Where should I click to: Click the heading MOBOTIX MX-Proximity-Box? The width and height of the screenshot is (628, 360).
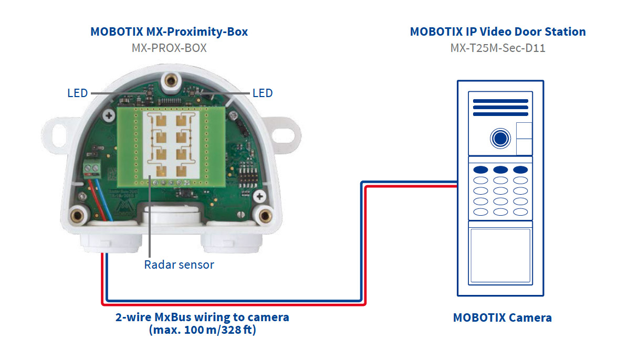[169, 31]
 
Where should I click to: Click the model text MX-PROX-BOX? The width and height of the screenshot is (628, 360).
[169, 48]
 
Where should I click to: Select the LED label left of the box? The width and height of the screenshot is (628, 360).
[78, 93]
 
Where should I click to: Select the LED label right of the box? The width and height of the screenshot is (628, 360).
[263, 93]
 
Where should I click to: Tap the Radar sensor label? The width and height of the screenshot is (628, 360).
[179, 264]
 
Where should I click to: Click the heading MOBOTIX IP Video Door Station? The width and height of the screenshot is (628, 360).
[498, 31]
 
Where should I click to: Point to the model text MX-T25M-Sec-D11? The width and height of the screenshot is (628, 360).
[498, 48]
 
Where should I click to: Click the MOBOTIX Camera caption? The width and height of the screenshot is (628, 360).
[502, 317]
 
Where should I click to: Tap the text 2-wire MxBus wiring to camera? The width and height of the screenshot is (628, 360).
[202, 317]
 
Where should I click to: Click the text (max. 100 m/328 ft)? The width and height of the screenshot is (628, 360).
[202, 331]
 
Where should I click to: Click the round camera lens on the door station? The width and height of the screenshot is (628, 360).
[500, 139]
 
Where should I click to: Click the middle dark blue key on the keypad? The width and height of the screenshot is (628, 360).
[500, 170]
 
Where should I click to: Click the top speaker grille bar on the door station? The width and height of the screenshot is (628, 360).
[500, 101]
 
